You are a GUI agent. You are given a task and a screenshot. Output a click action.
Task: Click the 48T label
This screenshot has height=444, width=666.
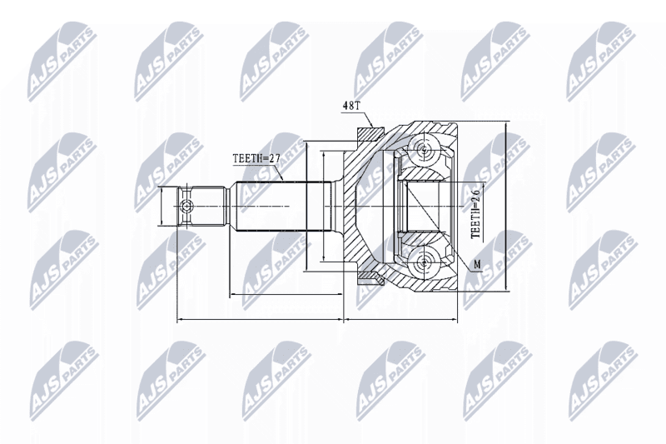pos(350,106)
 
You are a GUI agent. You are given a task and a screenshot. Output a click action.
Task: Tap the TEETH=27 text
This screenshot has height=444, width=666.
pos(256,158)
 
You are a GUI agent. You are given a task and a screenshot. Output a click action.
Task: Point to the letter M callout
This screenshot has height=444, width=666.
pos(478,265)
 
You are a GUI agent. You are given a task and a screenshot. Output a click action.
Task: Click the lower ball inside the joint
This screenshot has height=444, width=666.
pos(423,262)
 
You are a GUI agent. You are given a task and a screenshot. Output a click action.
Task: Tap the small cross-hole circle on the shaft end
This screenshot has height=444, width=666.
pos(186,207)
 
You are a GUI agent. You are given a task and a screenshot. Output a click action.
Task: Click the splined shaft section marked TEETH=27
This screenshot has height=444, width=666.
pos(284,207)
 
